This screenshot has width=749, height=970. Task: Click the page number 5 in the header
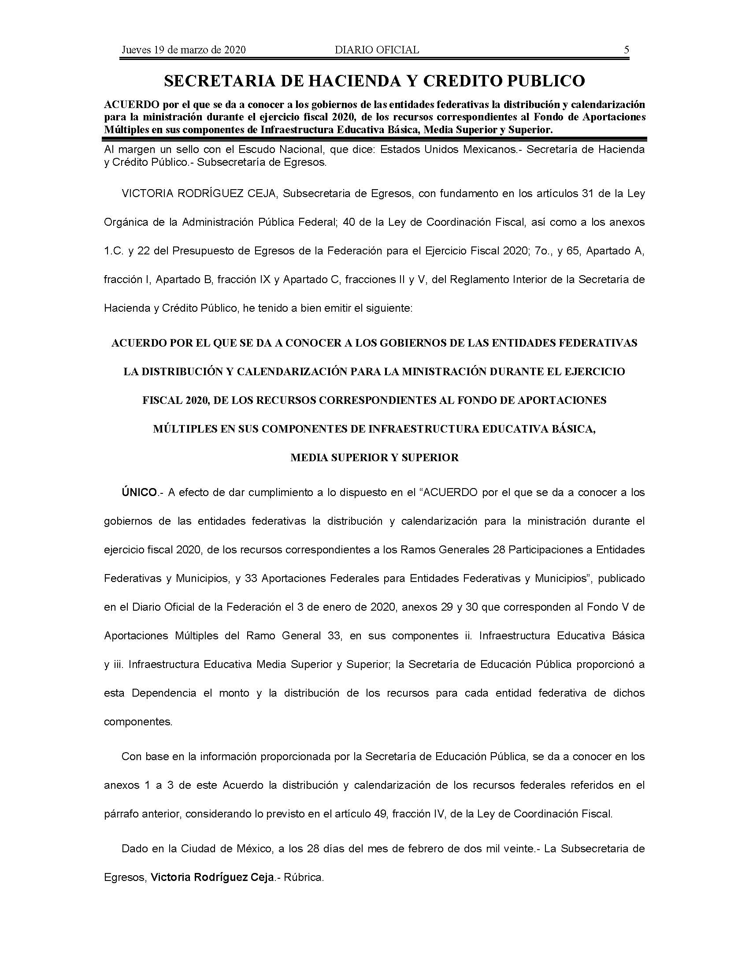coord(626,50)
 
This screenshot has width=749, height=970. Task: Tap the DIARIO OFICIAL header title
coord(377,50)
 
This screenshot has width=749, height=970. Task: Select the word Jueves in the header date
coord(136,50)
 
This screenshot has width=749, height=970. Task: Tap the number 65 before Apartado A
coord(575,251)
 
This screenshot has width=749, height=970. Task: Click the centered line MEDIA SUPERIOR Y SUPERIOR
coord(374,458)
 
